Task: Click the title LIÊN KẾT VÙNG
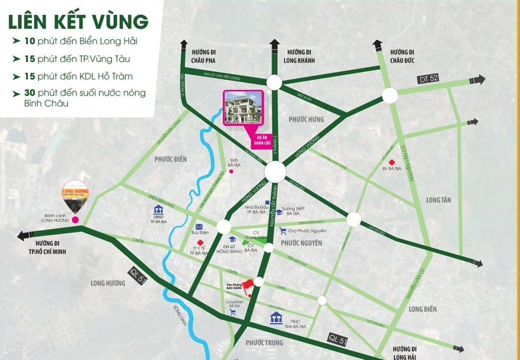pyautogui.click(x=78, y=22)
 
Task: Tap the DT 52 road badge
pyautogui.click(x=428, y=79)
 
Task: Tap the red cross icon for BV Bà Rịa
pyautogui.click(x=392, y=162)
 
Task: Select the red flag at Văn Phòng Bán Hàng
pyautogui.click(x=249, y=284)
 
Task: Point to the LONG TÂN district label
pyautogui.click(x=439, y=200)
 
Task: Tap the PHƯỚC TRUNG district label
pyautogui.click(x=265, y=343)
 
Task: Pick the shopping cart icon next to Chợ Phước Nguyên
pyautogui.click(x=283, y=231)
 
